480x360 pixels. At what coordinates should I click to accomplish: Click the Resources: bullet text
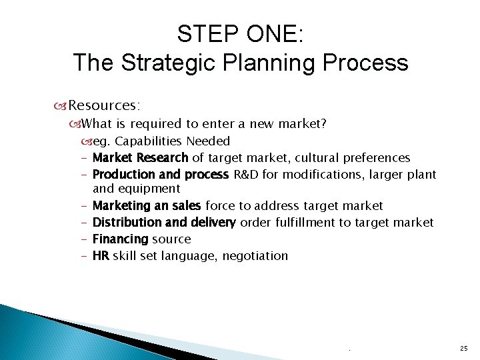[x=104, y=105]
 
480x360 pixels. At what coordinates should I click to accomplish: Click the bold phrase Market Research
[x=141, y=158]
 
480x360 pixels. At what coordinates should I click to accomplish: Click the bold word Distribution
[x=125, y=222]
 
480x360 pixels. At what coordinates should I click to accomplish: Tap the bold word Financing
[x=121, y=239]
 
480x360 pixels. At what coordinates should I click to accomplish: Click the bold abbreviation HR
[x=101, y=255]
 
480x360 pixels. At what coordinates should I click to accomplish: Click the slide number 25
[x=463, y=349]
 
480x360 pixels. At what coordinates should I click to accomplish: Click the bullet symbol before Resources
[x=61, y=106]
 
